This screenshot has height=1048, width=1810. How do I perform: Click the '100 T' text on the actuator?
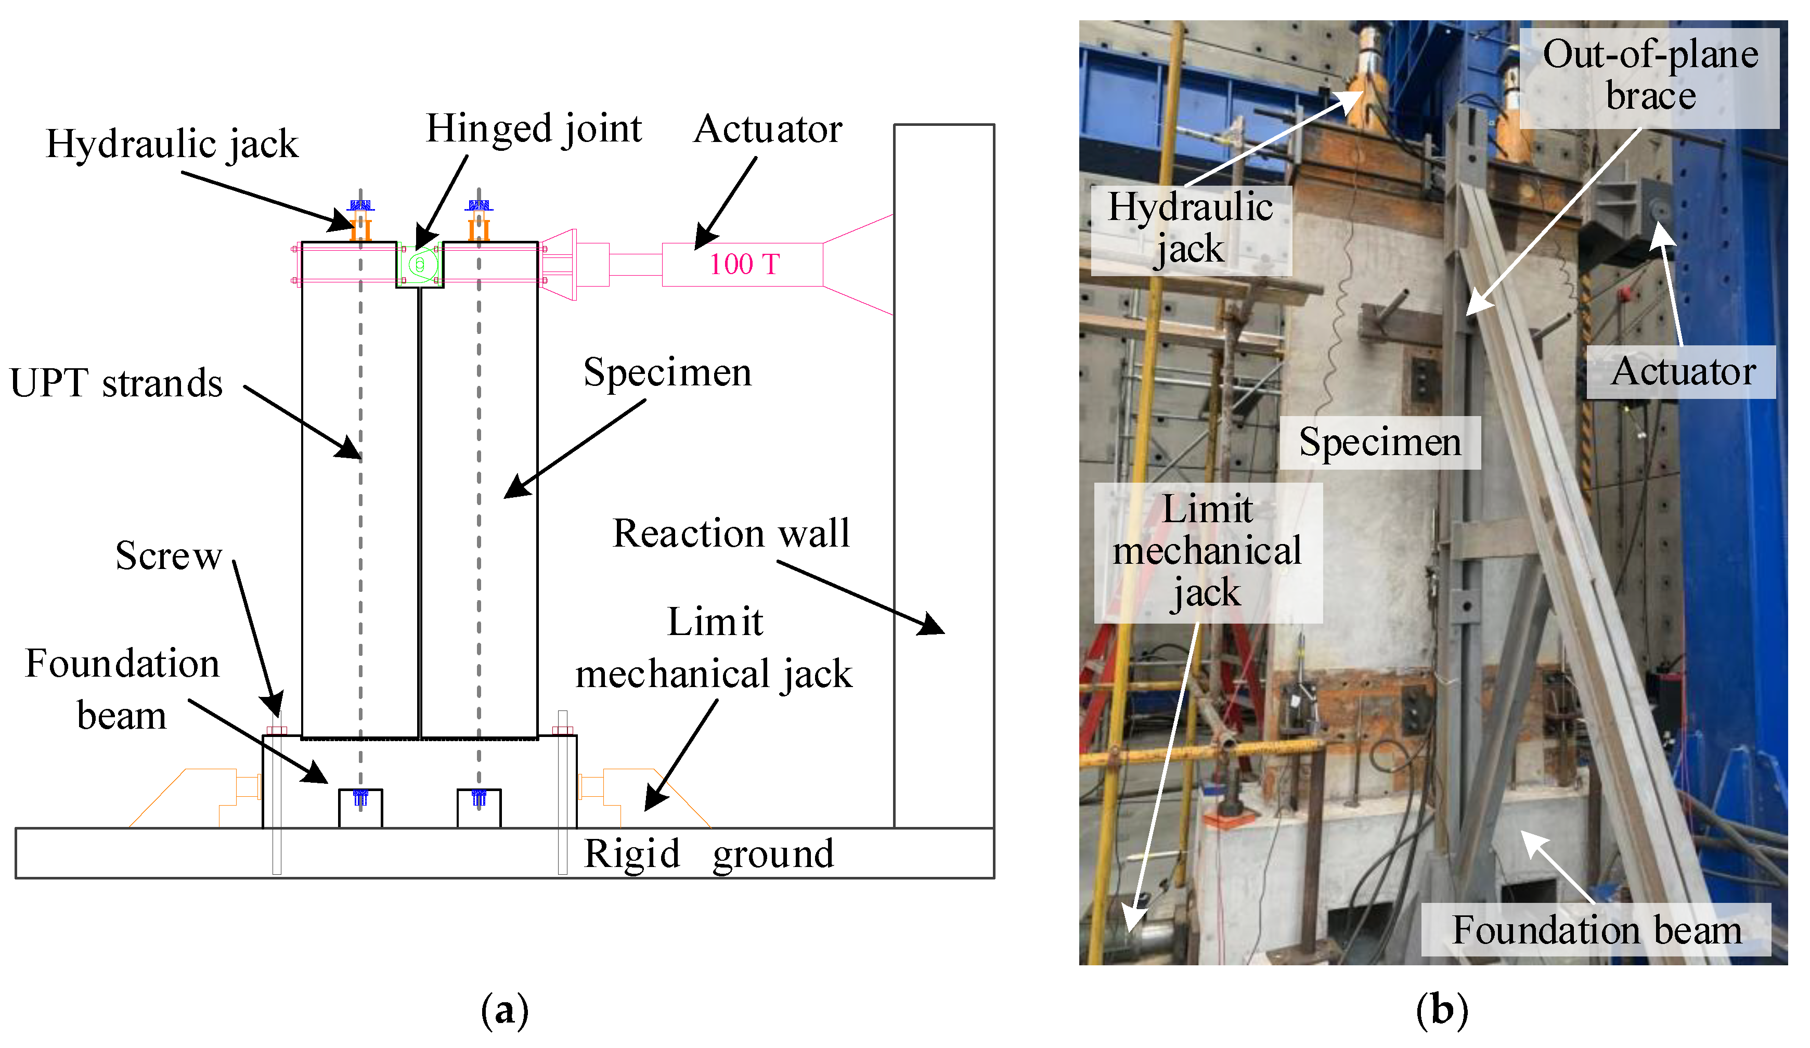(x=744, y=264)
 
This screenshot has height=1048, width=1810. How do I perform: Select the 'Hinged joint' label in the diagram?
(x=534, y=130)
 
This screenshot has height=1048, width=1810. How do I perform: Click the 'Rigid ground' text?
(x=708, y=853)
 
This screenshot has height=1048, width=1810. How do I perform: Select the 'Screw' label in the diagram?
(x=169, y=555)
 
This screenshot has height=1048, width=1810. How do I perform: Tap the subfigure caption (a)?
(x=504, y=1010)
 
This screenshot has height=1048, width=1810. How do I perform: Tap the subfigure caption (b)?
(x=1442, y=1010)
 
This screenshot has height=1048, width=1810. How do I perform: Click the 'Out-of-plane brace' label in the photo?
(x=1650, y=76)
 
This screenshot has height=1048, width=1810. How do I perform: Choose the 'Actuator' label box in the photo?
(x=1682, y=372)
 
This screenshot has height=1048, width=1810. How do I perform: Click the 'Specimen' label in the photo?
(x=1380, y=442)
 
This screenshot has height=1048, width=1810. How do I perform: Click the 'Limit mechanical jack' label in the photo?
(x=1207, y=552)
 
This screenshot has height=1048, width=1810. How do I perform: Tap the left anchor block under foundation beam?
(x=360, y=809)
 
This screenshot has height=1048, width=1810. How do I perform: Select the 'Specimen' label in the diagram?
(x=667, y=372)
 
